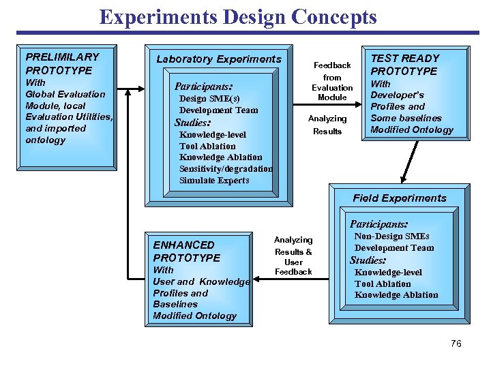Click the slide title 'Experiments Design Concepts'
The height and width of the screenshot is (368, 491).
(237, 16)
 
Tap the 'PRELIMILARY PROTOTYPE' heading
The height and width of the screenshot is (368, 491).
(62, 63)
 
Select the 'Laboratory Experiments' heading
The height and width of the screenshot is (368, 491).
(219, 59)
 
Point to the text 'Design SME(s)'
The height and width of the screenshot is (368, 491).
(209, 99)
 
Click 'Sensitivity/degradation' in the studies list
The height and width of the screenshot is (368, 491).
(226, 169)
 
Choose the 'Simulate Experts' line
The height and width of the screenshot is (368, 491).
(214, 181)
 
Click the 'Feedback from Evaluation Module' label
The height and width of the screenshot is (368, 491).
(332, 81)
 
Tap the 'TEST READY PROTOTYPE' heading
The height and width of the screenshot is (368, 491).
(404, 65)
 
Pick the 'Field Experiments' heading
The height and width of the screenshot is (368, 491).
(400, 198)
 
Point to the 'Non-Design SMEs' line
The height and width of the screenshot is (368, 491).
(392, 236)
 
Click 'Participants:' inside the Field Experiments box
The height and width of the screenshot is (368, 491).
(378, 224)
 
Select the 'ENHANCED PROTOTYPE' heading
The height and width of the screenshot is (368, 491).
(187, 251)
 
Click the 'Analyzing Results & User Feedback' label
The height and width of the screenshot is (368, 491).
(293, 256)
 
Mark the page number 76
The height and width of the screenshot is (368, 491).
(456, 343)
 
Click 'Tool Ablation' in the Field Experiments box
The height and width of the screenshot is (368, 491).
(383, 283)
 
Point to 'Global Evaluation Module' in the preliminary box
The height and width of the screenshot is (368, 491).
(65, 99)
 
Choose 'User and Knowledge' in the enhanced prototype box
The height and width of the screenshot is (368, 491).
(201, 281)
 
